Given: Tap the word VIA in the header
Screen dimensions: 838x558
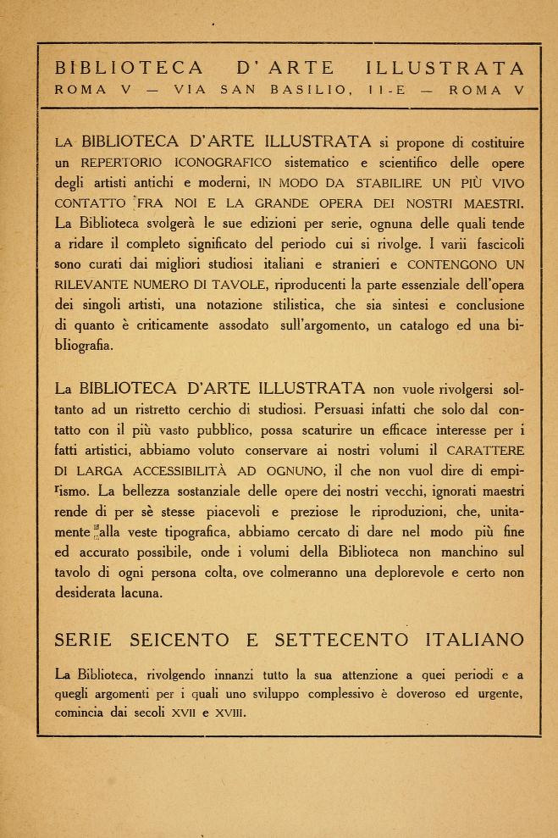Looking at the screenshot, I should click(191, 90).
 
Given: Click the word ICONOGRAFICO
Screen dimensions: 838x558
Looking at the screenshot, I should click(223, 163).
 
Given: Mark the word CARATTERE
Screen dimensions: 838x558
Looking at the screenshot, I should click(484, 451).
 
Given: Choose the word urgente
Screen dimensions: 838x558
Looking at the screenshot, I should click(494, 695).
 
